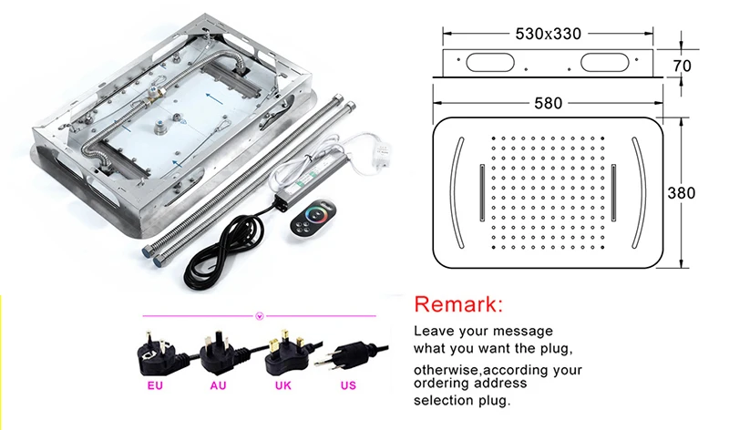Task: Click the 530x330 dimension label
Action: click(x=549, y=34)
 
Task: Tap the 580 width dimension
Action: click(x=549, y=103)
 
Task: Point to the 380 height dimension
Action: click(x=681, y=193)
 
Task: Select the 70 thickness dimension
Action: click(x=682, y=66)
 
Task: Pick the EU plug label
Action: click(x=155, y=386)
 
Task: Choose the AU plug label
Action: click(x=218, y=386)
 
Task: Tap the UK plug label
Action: click(x=282, y=386)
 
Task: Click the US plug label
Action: click(x=348, y=386)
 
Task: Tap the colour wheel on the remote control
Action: click(x=318, y=214)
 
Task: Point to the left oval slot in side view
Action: click(x=489, y=62)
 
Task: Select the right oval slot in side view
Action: click(x=604, y=62)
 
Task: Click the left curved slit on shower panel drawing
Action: click(x=454, y=192)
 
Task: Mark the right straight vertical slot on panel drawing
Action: click(x=613, y=192)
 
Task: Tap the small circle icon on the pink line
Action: click(x=260, y=316)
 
